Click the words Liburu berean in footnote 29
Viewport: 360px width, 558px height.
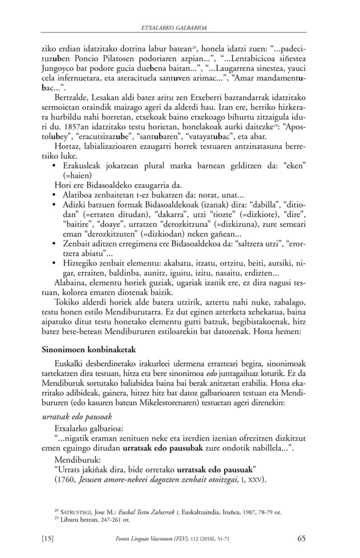69,518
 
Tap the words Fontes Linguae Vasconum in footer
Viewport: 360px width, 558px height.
142,539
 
